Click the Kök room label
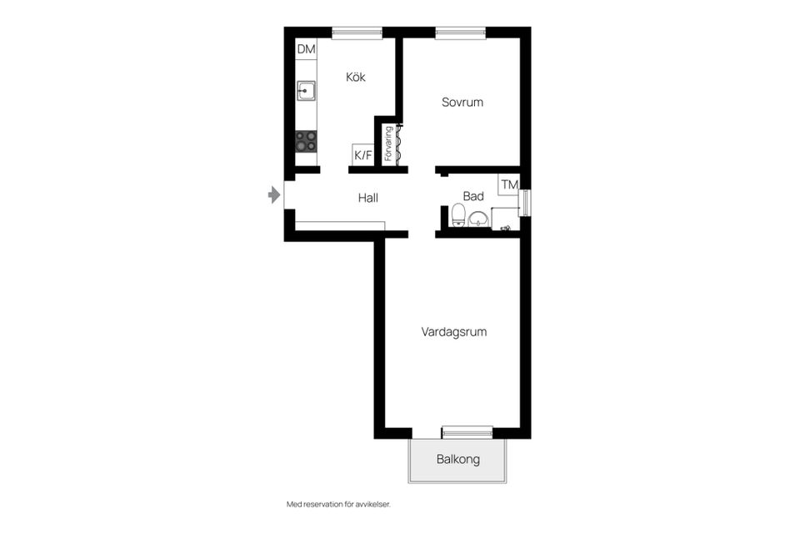[x=356, y=77]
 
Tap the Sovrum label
[x=462, y=102]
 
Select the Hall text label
[x=368, y=198]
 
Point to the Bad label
[x=473, y=196]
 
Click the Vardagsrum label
[x=454, y=331]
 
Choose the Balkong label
[x=458, y=459]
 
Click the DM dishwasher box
[x=307, y=49]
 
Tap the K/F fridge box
[x=363, y=154]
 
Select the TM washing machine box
[x=508, y=184]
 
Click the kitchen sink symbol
[x=307, y=90]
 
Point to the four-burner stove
[x=307, y=141]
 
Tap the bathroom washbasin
[x=478, y=219]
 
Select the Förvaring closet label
[x=388, y=144]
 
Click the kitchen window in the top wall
[x=357, y=33]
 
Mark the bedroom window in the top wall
[x=461, y=33]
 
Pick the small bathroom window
[x=525, y=203]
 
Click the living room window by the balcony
[x=467, y=431]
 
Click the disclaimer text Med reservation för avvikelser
[x=338, y=504]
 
